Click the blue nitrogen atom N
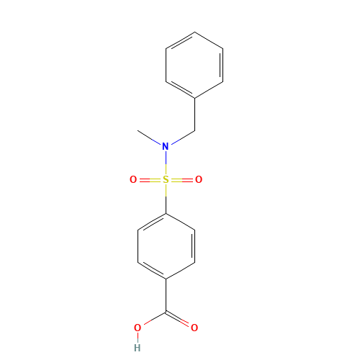[x=166, y=146]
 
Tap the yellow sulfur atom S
[x=166, y=179]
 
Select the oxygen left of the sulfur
[x=133, y=179]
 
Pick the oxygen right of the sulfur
[x=199, y=179]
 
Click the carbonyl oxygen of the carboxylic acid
[x=194, y=328]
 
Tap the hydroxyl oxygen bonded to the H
[x=138, y=328]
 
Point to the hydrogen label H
[x=138, y=347]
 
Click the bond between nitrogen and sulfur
[x=166, y=163]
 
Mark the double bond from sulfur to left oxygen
[x=149, y=179]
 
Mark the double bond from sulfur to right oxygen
[x=182, y=179]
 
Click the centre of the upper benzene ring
[x=194, y=65]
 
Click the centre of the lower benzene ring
[x=166, y=246]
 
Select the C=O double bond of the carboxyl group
[x=181, y=320]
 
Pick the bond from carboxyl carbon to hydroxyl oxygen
[x=152, y=320]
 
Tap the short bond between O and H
[x=138, y=337]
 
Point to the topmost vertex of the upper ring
[x=194, y=32]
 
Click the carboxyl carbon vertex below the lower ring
[x=166, y=312]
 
